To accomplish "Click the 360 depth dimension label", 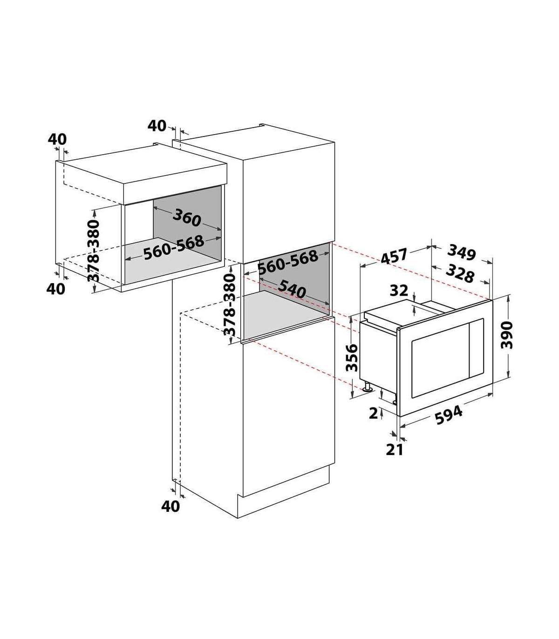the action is tap(186, 218).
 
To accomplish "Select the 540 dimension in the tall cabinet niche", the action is tap(292, 289).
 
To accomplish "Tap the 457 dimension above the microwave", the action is tap(394, 256).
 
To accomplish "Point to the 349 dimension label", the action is tap(462, 252).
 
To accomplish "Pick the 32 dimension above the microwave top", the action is tap(399, 291).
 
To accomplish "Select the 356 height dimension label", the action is tap(352, 358).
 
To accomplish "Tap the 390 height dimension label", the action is tap(506, 335).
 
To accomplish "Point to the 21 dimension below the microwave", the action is tap(395, 450).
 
